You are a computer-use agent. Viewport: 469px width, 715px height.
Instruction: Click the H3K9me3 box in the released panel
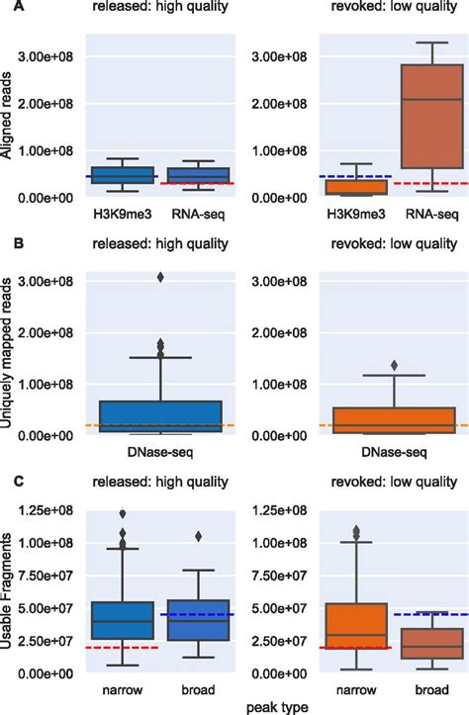122,175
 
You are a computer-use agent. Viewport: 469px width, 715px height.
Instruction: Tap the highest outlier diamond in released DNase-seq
160,277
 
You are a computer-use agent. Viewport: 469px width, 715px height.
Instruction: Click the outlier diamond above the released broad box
198,536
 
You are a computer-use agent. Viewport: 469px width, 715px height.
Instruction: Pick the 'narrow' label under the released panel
122,688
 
